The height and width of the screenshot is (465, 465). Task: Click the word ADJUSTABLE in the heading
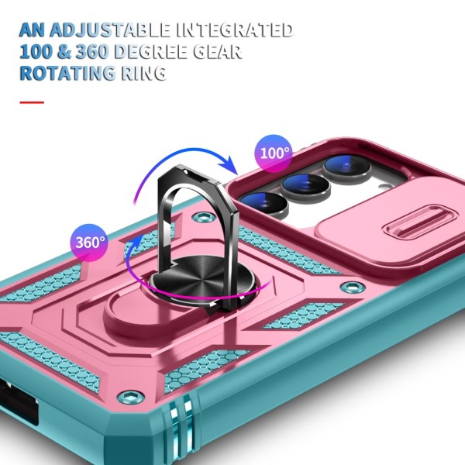pyautogui.click(x=110, y=29)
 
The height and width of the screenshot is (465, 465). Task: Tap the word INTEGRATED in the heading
pyautogui.click(x=235, y=29)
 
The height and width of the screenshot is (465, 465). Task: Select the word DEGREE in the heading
pyautogui.click(x=151, y=52)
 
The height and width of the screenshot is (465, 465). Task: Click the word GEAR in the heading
pyautogui.click(x=217, y=52)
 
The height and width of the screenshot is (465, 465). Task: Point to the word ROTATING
pyautogui.click(x=67, y=74)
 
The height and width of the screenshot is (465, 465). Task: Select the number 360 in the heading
pyautogui.click(x=92, y=52)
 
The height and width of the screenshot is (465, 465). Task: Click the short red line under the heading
pyautogui.click(x=32, y=102)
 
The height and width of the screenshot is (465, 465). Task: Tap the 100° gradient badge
pyautogui.click(x=274, y=153)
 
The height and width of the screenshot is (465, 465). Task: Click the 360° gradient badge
pyautogui.click(x=89, y=243)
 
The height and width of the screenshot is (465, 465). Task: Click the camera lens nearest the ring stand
pyautogui.click(x=264, y=203)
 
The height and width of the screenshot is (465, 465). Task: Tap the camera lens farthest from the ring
pyautogui.click(x=347, y=167)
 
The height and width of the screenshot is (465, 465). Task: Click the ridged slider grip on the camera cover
pyautogui.click(x=418, y=224)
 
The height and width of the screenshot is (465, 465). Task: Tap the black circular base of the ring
pyautogui.click(x=202, y=277)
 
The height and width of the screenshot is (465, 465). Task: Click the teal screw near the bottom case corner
pyautogui.click(x=131, y=397)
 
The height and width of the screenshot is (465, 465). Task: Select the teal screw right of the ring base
pyautogui.click(x=353, y=287)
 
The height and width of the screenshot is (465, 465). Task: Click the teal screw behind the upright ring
pyautogui.click(x=204, y=216)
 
